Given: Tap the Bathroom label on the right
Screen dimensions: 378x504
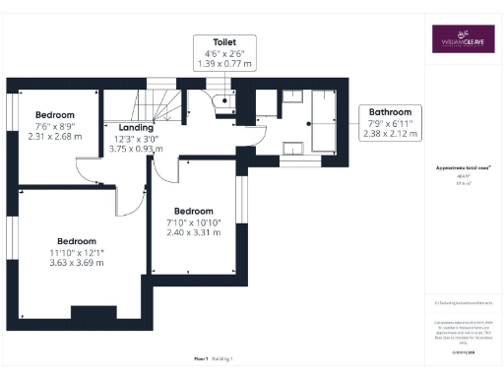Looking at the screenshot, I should click(391, 112).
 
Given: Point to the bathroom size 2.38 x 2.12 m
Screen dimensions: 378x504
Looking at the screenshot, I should click(391, 132).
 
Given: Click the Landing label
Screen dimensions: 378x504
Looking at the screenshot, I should click(134, 128).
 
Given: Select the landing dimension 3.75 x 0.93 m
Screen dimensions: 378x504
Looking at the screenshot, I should click(136, 149).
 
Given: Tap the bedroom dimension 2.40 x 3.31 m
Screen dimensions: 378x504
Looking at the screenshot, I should click(194, 232).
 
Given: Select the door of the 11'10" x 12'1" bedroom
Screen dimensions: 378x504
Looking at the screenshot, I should click(126, 202).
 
